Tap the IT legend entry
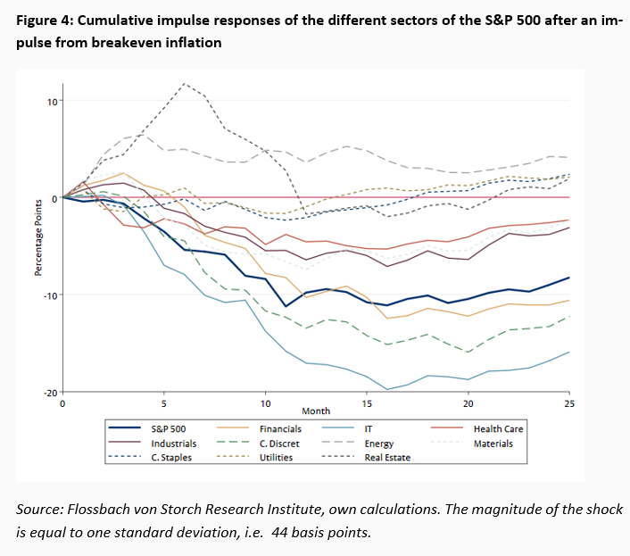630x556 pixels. click(x=369, y=429)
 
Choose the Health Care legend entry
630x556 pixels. click(x=498, y=429)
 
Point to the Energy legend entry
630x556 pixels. click(x=378, y=443)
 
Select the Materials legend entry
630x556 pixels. click(x=493, y=443)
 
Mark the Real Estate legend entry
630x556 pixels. click(x=386, y=457)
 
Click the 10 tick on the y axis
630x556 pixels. click(x=52, y=101)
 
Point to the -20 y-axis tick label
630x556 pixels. click(x=50, y=393)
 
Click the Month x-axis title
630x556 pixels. click(x=316, y=411)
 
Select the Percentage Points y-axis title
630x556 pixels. click(x=38, y=246)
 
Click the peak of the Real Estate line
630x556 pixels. click(x=185, y=84)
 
